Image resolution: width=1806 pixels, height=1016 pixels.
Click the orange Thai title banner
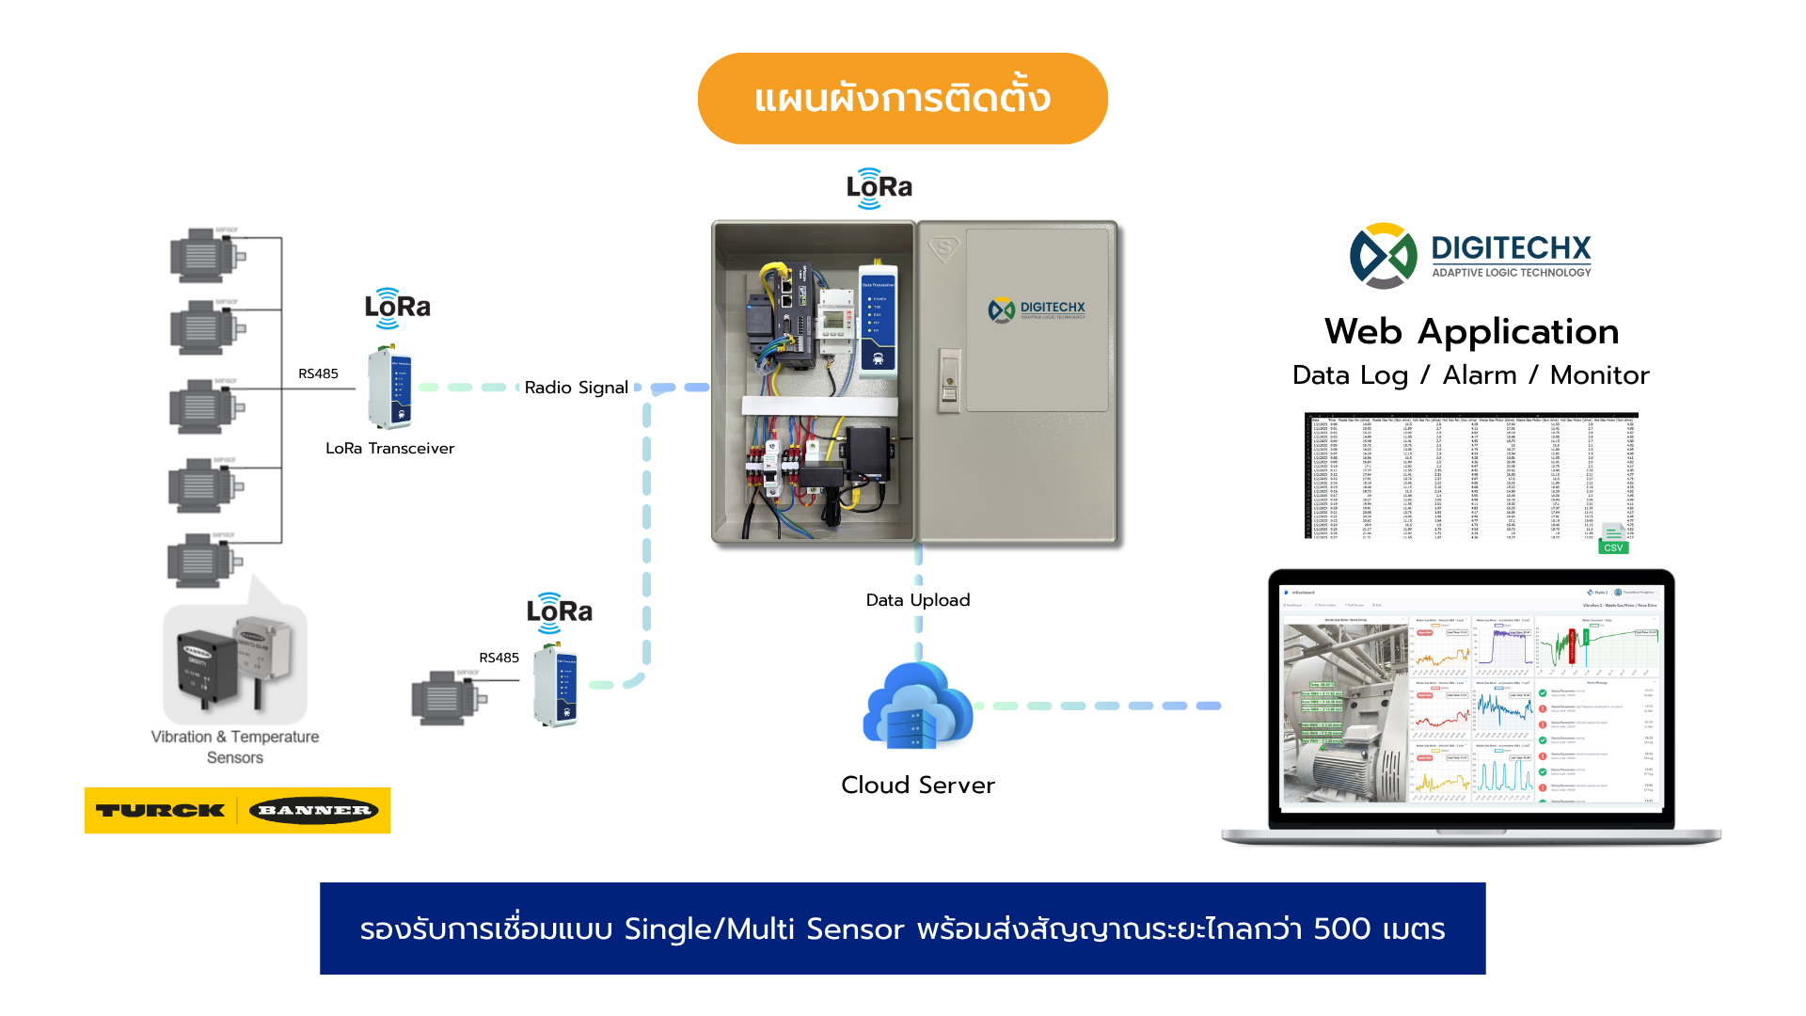902,99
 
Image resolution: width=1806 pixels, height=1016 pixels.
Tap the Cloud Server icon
917,706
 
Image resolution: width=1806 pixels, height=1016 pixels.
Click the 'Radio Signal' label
576,388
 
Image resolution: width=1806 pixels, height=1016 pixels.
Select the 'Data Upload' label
917,600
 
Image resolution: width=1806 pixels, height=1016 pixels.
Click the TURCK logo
161,810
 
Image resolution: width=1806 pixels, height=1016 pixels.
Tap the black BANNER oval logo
314,810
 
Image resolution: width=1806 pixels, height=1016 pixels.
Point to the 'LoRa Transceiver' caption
389,449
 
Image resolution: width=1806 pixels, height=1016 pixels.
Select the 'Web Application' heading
1471,331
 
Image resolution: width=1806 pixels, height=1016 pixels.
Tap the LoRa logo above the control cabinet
879,188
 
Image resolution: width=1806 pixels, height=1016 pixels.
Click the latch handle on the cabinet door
949,379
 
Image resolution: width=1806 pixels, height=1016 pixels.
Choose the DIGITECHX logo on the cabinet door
1037,310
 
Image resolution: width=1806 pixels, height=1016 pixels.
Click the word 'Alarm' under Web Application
1479,375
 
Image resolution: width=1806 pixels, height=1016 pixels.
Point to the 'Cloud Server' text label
917,786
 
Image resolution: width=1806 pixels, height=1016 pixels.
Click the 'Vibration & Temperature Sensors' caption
235,747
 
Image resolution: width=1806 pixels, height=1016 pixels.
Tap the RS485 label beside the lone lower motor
499,658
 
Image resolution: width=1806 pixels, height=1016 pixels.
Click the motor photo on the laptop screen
1344,712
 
